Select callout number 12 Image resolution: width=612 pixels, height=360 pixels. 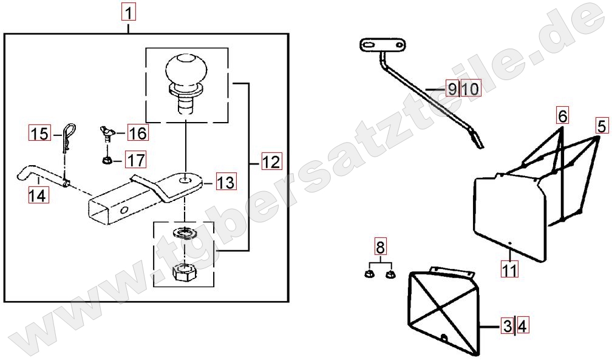tap(271, 161)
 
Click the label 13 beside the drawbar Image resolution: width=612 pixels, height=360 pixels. tap(226, 182)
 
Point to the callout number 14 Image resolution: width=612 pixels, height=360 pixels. tap(38, 195)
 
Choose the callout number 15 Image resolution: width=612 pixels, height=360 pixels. tap(39, 134)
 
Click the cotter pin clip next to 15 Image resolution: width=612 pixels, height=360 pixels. tap(68, 138)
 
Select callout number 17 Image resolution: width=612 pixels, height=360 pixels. tap(136, 160)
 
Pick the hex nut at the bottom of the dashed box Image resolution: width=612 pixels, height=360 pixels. tap(183, 271)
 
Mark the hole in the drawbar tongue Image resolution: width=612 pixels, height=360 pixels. tap(185, 180)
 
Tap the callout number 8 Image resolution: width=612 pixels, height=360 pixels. tap(380, 246)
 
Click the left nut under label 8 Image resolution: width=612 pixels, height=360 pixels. tap(369, 274)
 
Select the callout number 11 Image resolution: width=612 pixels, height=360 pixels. tap(509, 269)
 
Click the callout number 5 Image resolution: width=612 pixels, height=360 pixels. tap(602, 126)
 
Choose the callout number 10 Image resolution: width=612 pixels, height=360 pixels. tap(471, 89)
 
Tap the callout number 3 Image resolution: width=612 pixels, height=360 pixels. tap(508, 325)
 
